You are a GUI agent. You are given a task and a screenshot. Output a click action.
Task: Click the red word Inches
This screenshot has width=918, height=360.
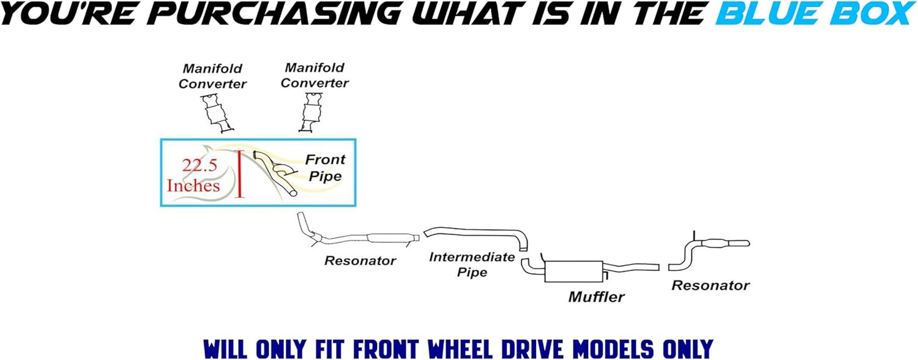(x=193, y=185)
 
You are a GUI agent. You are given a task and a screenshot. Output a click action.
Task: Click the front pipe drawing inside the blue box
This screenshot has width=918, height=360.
(x=275, y=174)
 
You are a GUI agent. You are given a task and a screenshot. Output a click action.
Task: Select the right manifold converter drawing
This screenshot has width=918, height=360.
(x=310, y=111)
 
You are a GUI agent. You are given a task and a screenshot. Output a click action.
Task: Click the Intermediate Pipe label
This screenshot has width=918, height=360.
(x=471, y=264)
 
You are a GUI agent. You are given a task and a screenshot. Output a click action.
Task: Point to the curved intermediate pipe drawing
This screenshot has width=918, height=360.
(x=477, y=234)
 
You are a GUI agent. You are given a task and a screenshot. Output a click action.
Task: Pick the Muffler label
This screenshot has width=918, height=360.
(x=596, y=297)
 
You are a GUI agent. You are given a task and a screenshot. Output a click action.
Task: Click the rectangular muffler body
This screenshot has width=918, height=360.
(x=572, y=271)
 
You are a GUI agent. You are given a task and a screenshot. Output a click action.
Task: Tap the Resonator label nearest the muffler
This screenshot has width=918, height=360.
(x=710, y=285)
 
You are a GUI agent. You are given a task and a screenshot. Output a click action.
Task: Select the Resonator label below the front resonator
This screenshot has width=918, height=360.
(x=360, y=261)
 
